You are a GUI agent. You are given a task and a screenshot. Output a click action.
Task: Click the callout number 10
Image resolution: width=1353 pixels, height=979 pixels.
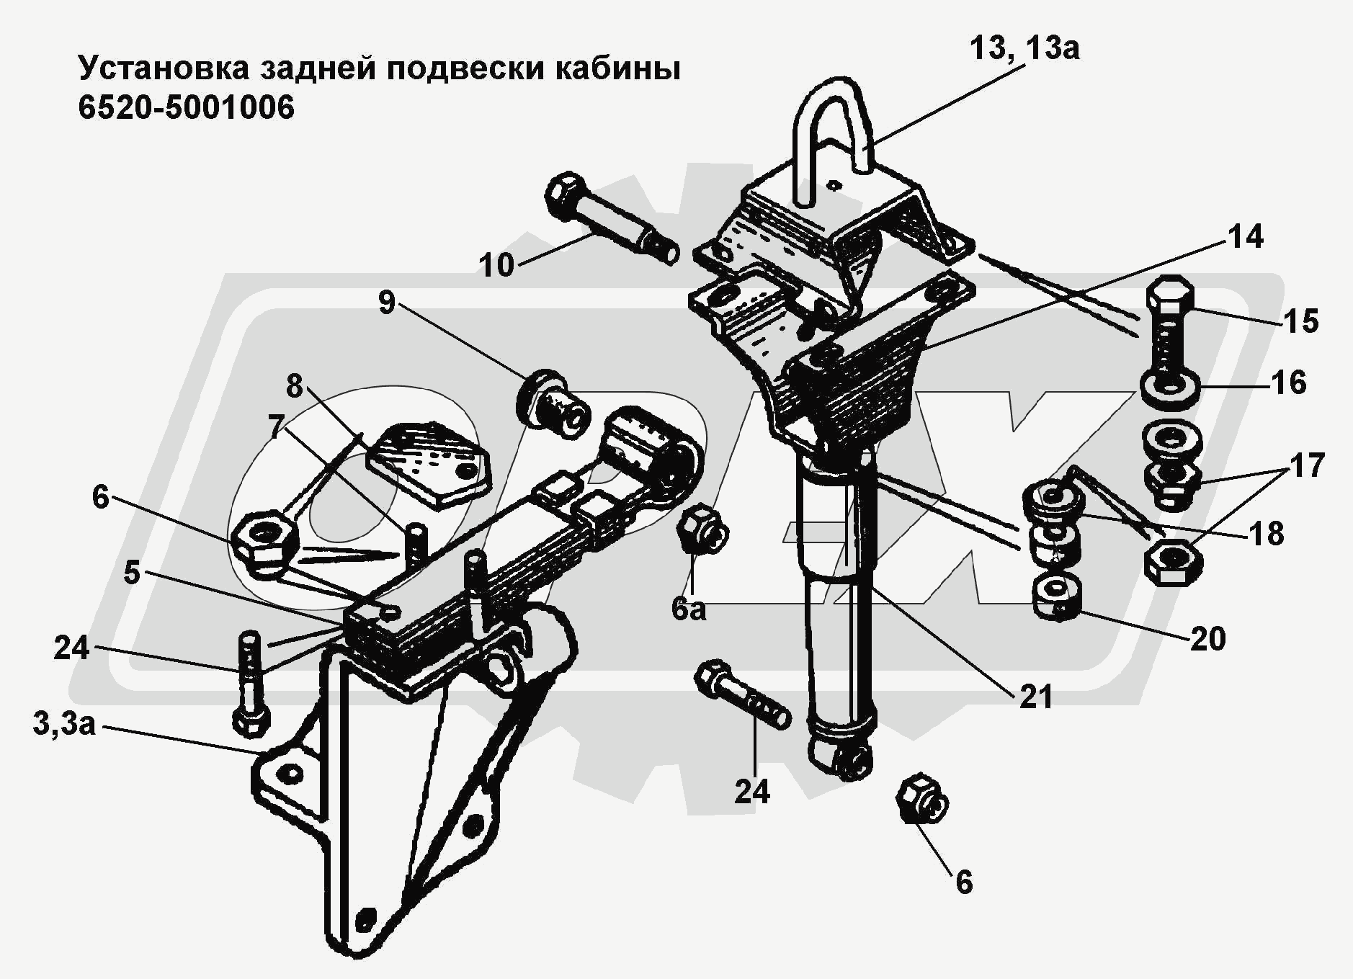point(497,265)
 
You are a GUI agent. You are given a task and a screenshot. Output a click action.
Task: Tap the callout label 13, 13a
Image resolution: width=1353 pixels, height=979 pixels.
point(1024,49)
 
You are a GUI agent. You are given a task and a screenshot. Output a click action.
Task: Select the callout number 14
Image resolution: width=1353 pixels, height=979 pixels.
point(1245,237)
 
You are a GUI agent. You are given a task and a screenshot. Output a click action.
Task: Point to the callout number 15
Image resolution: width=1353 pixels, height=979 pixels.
point(1301,321)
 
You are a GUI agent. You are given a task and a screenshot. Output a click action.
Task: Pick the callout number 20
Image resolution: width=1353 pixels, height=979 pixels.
point(1208,638)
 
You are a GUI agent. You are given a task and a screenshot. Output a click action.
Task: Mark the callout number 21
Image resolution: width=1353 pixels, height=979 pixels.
point(1035,696)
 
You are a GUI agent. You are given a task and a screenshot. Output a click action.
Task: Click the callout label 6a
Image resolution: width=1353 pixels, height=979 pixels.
point(689,609)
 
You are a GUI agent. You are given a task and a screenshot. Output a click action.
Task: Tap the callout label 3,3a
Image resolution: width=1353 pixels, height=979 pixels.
point(64,723)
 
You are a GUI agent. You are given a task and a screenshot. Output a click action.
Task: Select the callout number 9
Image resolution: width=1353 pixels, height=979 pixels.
point(387,303)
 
